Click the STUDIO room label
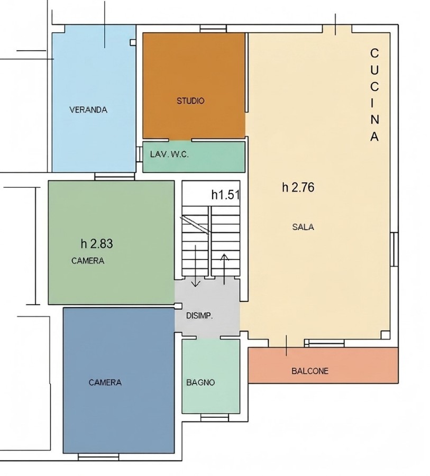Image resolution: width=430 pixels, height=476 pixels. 190,101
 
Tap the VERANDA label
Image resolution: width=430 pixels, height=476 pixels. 88,110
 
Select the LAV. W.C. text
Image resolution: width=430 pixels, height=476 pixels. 169,154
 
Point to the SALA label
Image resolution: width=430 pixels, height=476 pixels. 303,227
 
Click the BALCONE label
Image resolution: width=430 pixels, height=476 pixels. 310,371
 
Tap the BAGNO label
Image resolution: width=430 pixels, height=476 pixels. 200,382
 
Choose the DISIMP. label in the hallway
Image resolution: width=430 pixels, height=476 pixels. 199,316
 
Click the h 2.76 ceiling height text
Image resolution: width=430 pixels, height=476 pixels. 298,187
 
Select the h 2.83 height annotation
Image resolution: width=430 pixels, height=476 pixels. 97,243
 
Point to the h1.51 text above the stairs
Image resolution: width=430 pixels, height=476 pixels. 226,195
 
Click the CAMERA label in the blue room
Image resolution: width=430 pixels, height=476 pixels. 105,382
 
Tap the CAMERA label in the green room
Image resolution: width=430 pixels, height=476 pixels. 88,261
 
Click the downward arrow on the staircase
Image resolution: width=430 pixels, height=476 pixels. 196,266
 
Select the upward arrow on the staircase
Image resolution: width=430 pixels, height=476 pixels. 224,269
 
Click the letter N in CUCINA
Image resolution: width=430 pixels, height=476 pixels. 374,120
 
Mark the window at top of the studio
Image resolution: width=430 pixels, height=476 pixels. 213,29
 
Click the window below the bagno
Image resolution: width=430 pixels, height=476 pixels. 215,418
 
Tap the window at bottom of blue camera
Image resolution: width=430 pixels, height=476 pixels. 98,457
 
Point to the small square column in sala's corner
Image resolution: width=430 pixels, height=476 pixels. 386,335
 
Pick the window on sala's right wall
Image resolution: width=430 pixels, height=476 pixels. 394,249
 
